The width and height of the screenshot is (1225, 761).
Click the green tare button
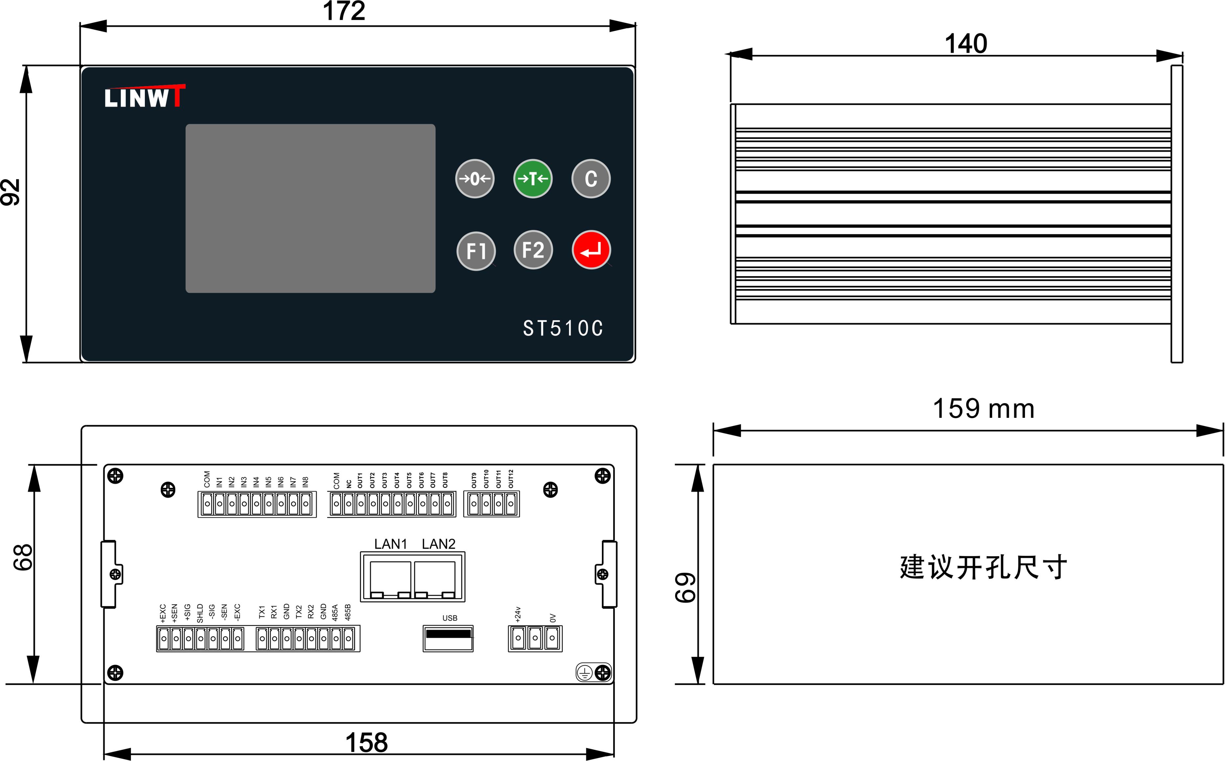[533, 179]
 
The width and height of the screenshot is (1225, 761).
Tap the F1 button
[476, 250]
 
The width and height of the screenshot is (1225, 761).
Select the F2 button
[533, 250]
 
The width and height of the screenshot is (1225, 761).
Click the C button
[591, 179]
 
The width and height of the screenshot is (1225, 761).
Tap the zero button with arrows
[475, 179]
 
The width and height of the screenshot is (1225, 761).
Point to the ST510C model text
[563, 328]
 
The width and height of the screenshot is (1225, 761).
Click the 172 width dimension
[344, 11]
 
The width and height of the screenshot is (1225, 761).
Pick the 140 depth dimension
[965, 44]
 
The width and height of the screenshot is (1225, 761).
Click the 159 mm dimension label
[984, 408]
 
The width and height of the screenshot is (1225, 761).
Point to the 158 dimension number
[367, 742]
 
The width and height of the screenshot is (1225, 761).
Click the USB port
[448, 638]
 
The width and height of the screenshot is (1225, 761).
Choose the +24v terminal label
[518, 614]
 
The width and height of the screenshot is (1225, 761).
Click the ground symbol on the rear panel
[584, 673]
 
